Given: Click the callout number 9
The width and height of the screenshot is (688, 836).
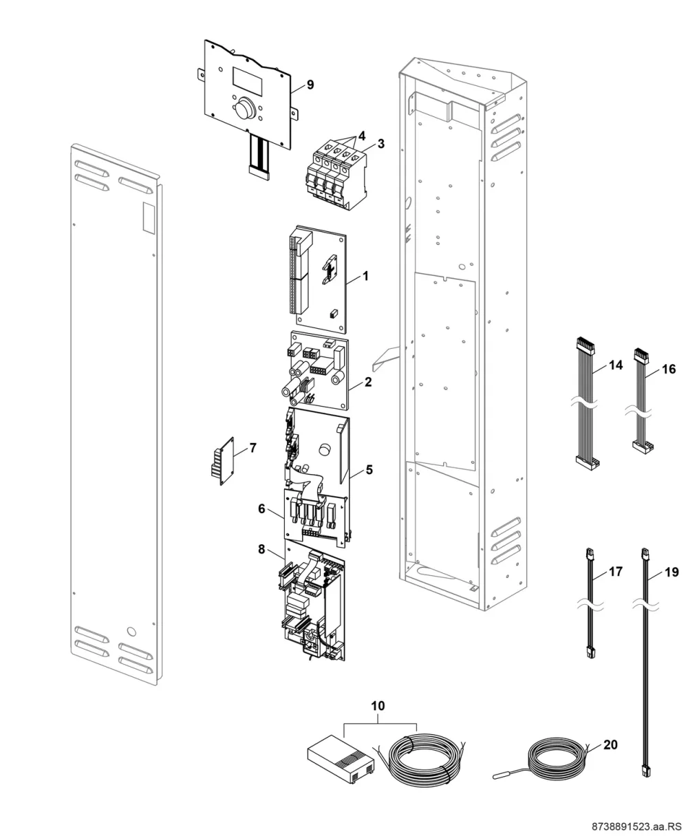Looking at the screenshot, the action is point(310,85).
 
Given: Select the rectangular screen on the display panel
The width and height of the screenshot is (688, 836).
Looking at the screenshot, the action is point(247,81).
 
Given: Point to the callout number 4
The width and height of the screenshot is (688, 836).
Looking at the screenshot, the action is point(361,136).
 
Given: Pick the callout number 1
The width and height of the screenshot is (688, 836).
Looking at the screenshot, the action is point(365,276).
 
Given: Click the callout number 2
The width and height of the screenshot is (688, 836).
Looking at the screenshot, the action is point(368,382).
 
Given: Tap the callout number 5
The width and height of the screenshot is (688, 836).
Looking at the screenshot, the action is point(369,470).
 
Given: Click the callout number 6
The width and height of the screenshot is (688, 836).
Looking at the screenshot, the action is point(261,508).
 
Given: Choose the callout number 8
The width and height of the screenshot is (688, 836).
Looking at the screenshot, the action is point(261,549).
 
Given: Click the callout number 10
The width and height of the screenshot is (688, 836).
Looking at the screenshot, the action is point(378,706).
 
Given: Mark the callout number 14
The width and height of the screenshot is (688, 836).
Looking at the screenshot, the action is point(616,365).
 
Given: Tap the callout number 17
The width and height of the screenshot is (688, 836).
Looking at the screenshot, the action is point(616,572).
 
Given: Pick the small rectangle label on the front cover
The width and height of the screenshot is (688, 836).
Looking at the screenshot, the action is point(148,217).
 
